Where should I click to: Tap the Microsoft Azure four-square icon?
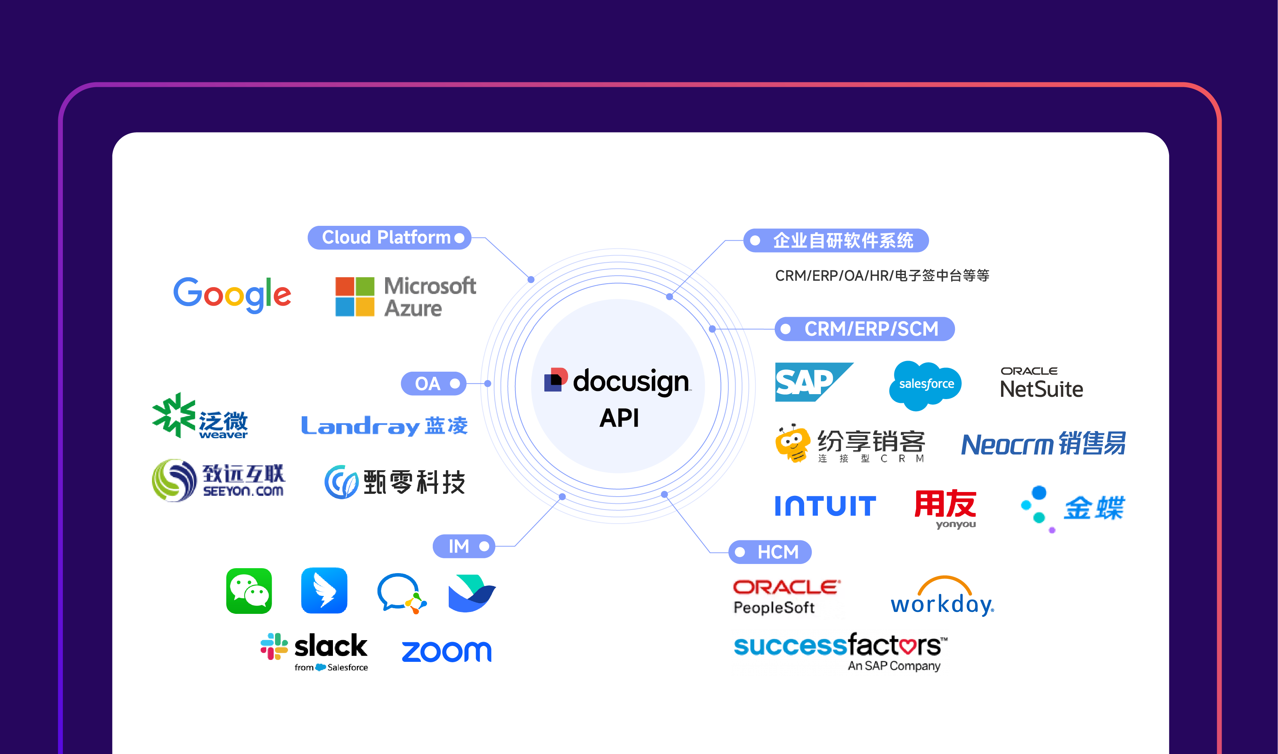355,297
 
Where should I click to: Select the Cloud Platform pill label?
389,237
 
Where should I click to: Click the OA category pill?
433,383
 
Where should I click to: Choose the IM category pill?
463,546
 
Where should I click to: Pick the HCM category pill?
769,552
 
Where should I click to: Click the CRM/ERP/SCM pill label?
864,329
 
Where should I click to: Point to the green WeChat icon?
249,591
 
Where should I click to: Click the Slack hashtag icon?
274,646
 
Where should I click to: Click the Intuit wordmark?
825,506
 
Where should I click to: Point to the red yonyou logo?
945,508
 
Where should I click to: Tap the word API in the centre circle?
619,418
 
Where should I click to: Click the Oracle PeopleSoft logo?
786,597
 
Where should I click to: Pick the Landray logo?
384,426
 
